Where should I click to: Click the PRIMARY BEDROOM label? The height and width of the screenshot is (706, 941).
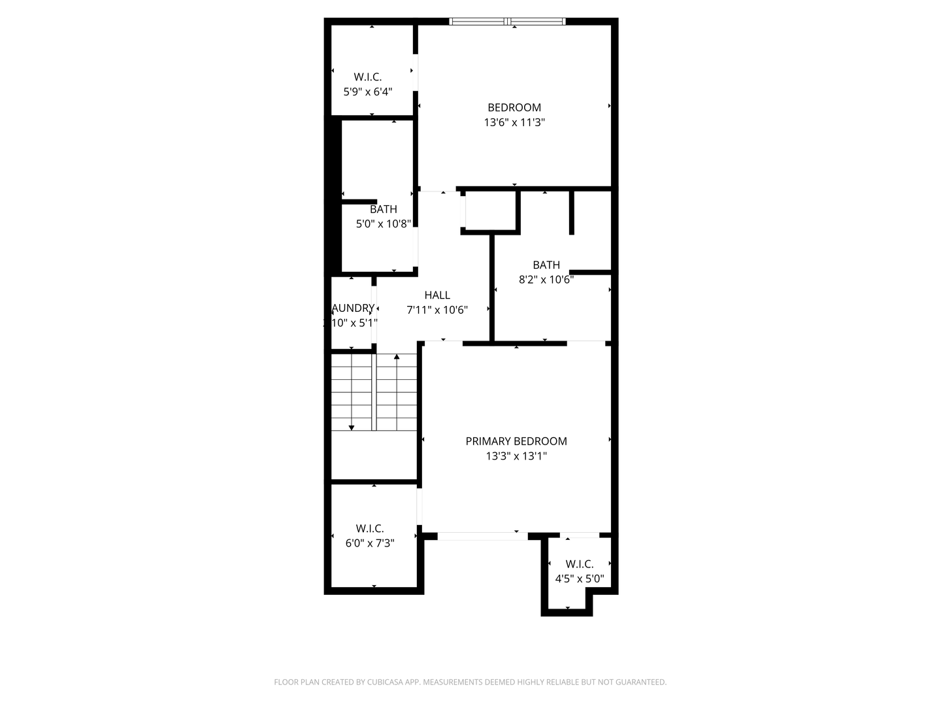(x=516, y=441)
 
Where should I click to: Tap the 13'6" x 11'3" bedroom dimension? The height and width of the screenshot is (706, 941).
(x=514, y=122)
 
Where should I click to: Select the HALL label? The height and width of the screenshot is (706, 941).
(x=437, y=295)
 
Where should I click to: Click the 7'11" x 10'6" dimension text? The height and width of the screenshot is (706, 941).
(x=437, y=310)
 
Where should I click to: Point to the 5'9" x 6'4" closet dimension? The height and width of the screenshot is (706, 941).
(x=368, y=92)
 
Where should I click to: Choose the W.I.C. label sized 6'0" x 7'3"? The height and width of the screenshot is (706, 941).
(x=370, y=528)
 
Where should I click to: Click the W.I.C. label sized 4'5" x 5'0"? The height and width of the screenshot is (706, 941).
(x=579, y=564)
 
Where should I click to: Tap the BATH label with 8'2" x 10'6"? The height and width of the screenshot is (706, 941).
(x=546, y=265)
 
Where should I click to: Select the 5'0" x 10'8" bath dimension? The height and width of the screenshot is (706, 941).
(x=383, y=224)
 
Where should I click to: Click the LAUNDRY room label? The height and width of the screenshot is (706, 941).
(x=353, y=308)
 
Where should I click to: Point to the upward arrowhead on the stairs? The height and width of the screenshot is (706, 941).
(x=397, y=357)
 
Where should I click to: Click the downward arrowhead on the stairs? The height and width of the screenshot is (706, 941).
(x=352, y=428)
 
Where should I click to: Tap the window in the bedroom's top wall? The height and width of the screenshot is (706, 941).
(x=508, y=22)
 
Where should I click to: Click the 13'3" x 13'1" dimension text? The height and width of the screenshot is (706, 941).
(x=516, y=456)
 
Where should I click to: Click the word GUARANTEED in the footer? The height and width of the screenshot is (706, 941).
(x=642, y=682)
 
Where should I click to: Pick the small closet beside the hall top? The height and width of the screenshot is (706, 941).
(x=490, y=211)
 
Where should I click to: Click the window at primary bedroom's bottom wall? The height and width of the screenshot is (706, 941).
(x=482, y=536)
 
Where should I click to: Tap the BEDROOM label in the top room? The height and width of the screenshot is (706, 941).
(x=514, y=108)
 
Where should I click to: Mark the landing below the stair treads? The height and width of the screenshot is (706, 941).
(x=374, y=456)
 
